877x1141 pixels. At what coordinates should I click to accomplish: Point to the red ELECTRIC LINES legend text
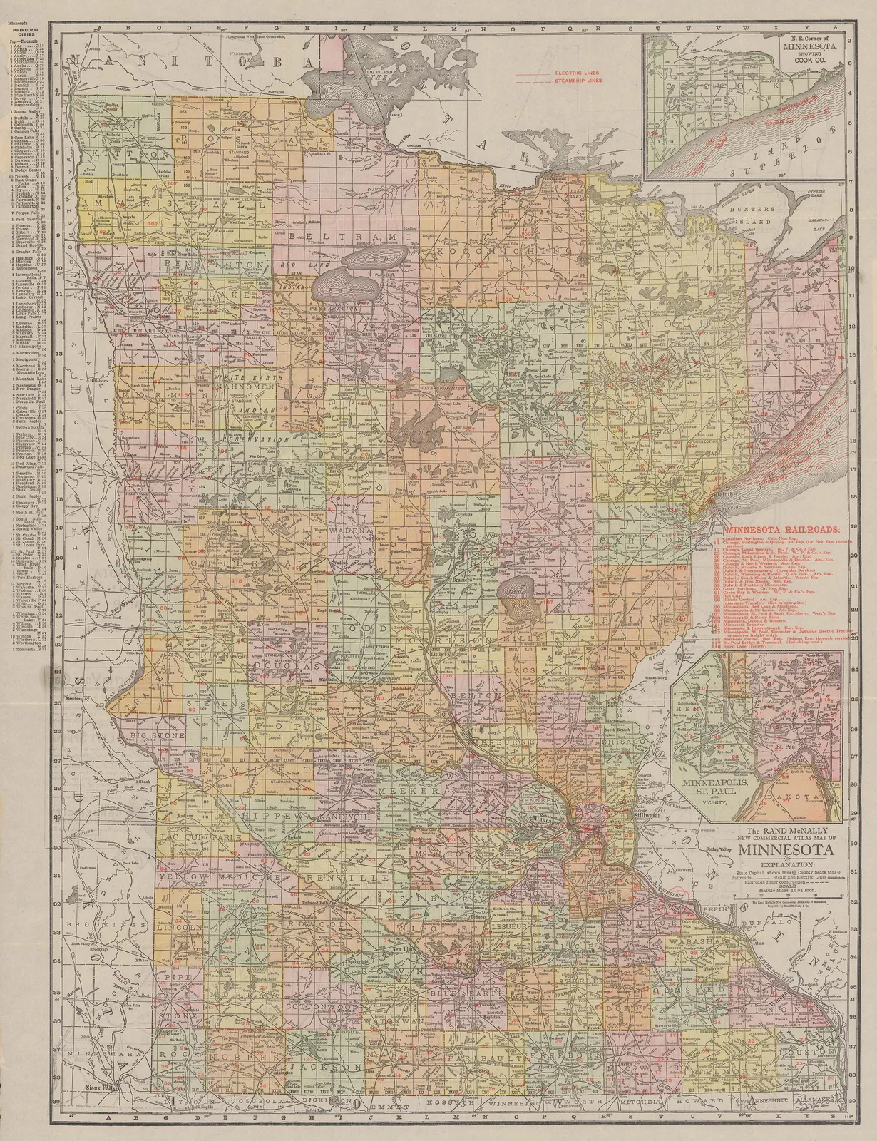pyautogui.click(x=577, y=73)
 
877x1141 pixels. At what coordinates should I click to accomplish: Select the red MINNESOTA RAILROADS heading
pyautogui.click(x=781, y=531)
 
